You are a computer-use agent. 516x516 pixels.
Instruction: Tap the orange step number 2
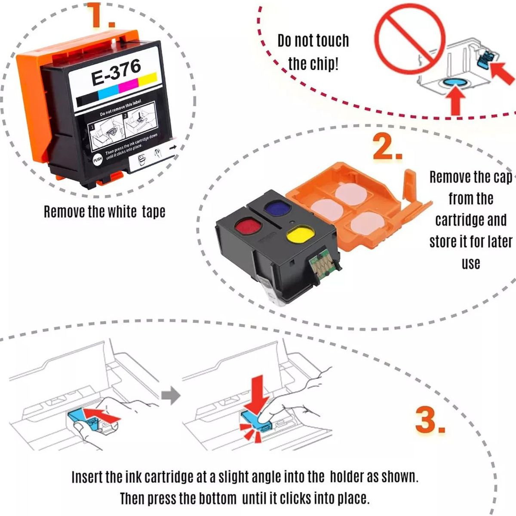click(387, 147)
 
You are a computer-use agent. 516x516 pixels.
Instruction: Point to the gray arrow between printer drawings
click(171, 395)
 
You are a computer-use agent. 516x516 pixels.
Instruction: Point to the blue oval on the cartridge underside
click(454, 83)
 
